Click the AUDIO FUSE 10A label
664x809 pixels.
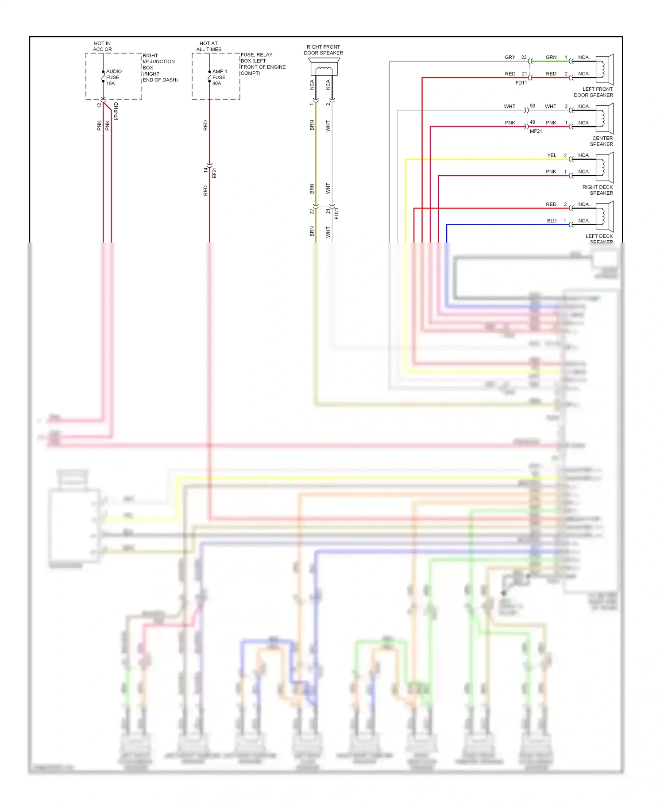coord(113,77)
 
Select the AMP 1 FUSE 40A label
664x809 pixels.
coord(219,77)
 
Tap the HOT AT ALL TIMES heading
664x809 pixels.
coord(208,46)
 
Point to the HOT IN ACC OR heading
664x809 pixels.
coord(102,46)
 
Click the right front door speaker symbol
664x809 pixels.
coord(324,69)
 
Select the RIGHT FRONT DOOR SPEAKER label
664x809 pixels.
coord(323,50)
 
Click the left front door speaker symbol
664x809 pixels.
coord(604,69)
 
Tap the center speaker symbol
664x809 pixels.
coord(604,119)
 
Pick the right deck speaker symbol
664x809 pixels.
coord(604,167)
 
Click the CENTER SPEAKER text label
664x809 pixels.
coord(602,141)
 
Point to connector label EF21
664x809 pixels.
coord(215,173)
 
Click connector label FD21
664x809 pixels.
coord(336,214)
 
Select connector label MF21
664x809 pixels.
coord(536,131)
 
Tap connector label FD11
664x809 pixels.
coord(521,83)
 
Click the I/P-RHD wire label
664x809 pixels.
coord(116,111)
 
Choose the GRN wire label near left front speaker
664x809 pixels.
coord(551,58)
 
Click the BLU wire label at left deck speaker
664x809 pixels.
coord(552,221)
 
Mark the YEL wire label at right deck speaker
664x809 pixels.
coord(552,155)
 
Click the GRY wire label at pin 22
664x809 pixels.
coord(510,58)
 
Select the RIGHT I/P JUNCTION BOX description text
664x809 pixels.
coord(159,68)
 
